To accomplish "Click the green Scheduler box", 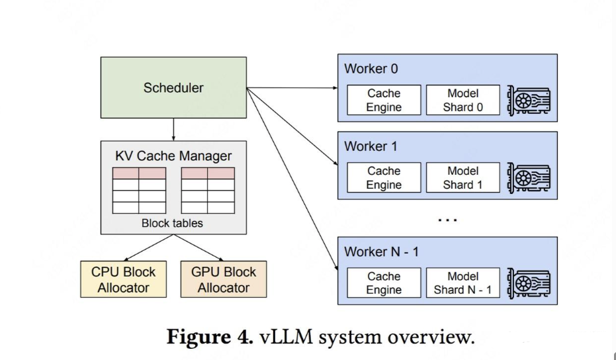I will [x=173, y=87].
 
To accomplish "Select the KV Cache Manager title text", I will [x=173, y=157].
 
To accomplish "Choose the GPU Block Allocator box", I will [x=224, y=279].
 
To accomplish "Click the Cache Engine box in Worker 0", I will [x=384, y=100].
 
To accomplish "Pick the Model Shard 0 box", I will [x=462, y=100].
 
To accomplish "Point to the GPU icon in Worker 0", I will [x=529, y=100].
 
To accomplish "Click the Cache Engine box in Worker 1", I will [x=384, y=178].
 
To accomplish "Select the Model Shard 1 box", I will [x=462, y=178].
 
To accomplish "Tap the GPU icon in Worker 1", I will [x=529, y=178].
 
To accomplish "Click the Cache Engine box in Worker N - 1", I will [x=384, y=283].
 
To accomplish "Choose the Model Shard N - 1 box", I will [x=462, y=283].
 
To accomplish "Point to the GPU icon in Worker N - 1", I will [x=529, y=283].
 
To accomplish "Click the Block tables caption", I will [x=172, y=223].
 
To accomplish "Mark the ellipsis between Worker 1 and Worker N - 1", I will [x=447, y=219].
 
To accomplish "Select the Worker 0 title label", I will [x=371, y=69].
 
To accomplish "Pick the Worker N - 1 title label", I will [x=381, y=251].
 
